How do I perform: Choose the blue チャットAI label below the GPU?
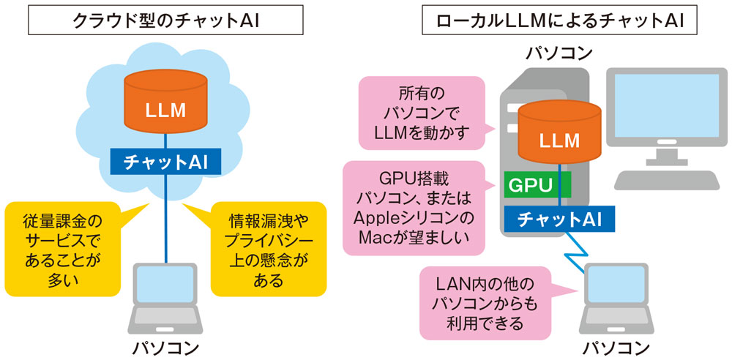coord(559,218)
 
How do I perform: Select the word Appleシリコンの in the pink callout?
coord(414,218)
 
